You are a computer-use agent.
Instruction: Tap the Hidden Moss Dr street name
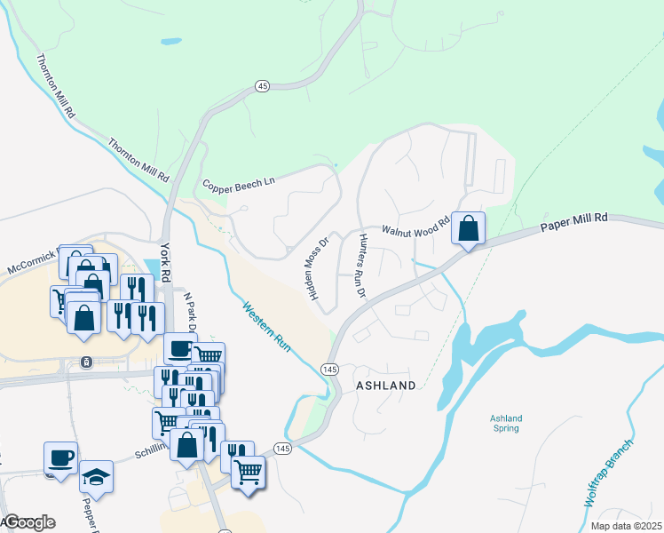(317, 266)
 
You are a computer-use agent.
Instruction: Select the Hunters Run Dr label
(362, 265)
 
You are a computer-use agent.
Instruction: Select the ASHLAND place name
(385, 386)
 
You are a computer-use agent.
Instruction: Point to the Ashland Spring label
(506, 424)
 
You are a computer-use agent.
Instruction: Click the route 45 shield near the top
(261, 85)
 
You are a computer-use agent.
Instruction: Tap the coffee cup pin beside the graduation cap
(60, 458)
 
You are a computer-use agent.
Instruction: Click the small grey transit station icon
(85, 362)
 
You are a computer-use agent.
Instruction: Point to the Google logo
(28, 522)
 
